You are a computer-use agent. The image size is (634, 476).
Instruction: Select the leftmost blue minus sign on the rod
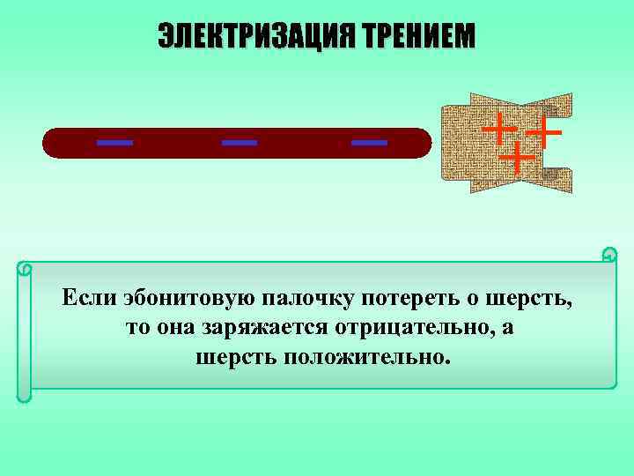click(114, 142)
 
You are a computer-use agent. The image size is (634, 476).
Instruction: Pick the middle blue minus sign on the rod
click(240, 142)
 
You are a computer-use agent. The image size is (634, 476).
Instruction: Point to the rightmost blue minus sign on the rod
click(369, 142)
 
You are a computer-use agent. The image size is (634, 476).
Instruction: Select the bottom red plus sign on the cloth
click(518, 158)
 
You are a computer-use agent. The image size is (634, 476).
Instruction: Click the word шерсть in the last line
click(232, 358)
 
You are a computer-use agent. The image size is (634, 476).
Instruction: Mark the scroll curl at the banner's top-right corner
click(608, 256)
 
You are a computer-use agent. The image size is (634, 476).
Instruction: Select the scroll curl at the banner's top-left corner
click(25, 267)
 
